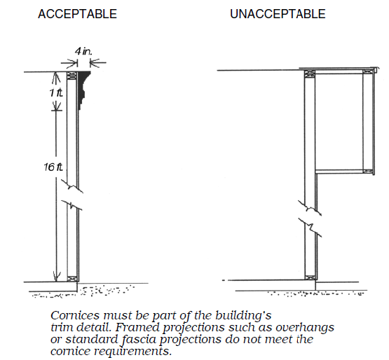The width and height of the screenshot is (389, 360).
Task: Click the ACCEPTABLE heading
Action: pos(77,14)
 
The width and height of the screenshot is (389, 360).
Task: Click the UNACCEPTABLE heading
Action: pos(278,14)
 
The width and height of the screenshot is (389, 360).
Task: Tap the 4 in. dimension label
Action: pos(83,51)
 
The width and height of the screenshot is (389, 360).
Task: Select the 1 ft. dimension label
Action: pos(56,93)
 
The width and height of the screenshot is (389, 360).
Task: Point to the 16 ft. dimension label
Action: pos(53,167)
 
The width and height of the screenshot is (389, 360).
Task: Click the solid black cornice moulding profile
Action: pos(83,87)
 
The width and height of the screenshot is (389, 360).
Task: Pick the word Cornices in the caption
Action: pos(75,316)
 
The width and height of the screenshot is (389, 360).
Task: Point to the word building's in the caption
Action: pos(243,316)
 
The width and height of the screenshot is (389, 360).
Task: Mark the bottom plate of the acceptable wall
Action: pos(72,279)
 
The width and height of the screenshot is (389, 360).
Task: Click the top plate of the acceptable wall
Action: pos(72,76)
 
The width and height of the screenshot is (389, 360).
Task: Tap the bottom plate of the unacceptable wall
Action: pos(310,277)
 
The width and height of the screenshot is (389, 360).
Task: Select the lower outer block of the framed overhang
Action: pos(368,172)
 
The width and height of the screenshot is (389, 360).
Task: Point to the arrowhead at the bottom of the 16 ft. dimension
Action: pos(57,277)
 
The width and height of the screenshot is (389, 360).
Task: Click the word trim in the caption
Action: pos(61,328)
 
